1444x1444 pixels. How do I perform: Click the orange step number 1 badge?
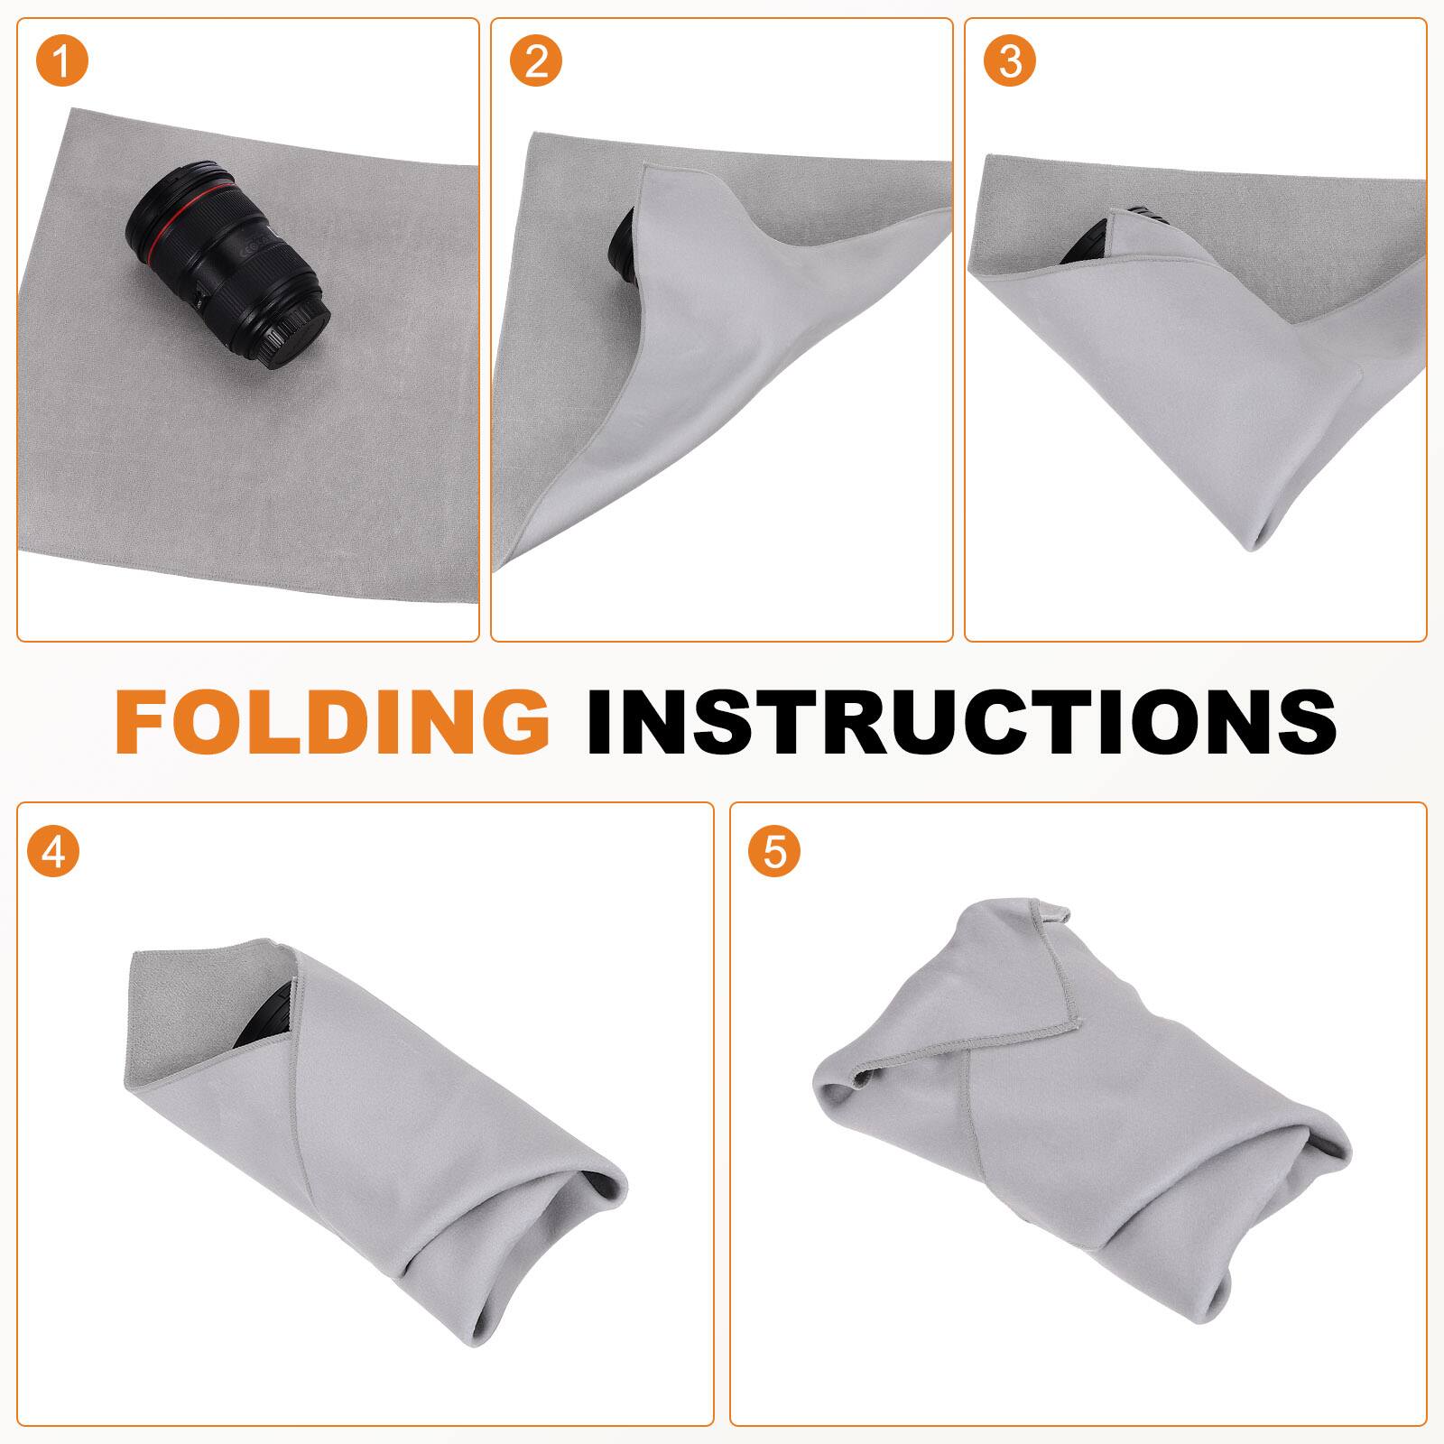pos(63,61)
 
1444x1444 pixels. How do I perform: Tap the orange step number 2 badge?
pos(536,61)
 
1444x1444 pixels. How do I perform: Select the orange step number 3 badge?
pos(1010,61)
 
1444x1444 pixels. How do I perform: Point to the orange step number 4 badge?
pos(53,850)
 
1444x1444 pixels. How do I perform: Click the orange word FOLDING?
pos(331,721)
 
